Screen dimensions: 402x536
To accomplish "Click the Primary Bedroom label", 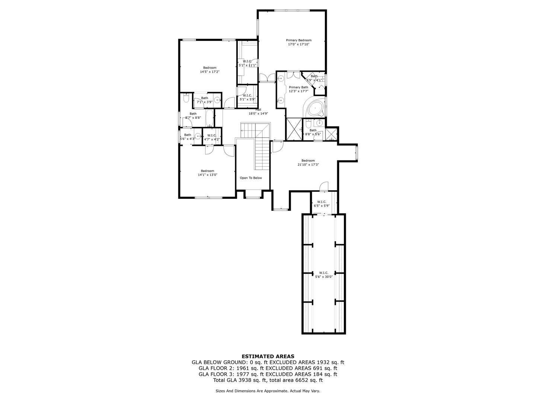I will coord(299,40).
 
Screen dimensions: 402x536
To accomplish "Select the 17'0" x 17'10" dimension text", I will coord(299,44).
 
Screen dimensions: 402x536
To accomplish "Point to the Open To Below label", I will coord(251,178).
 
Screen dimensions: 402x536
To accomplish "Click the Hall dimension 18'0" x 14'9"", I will coord(258,114).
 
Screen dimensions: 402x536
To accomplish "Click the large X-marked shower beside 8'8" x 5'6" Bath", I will coord(294,129).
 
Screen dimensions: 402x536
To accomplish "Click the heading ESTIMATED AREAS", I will coord(268,356).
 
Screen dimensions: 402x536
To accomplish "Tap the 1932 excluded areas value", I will coord(323,362).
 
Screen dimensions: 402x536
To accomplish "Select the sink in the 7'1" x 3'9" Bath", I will coord(217,100).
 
